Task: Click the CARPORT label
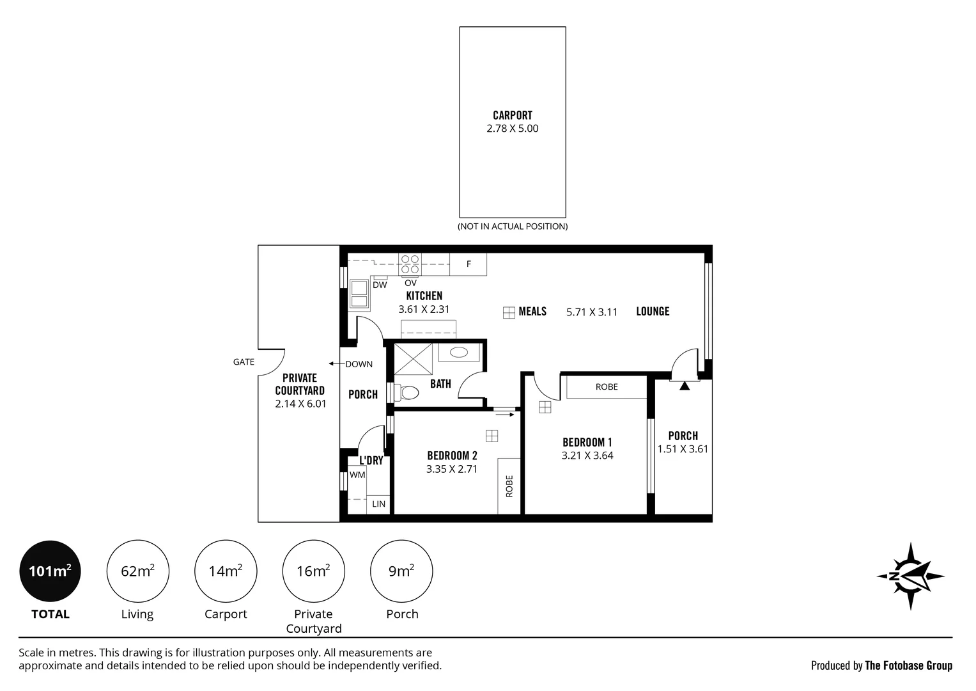(x=513, y=115)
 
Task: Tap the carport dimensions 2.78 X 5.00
(x=513, y=128)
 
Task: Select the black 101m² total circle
(x=50, y=571)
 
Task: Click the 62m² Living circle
(x=137, y=571)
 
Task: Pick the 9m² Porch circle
(x=401, y=571)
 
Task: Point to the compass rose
(x=910, y=576)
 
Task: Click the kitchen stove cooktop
(x=410, y=264)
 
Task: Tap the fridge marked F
(x=469, y=264)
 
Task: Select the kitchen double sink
(x=359, y=294)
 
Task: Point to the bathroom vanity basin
(x=459, y=352)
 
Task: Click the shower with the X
(x=413, y=359)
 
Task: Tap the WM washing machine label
(x=357, y=475)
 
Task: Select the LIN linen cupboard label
(x=378, y=504)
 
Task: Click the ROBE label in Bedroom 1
(x=607, y=386)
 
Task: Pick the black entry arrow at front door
(x=685, y=386)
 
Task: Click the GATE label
(x=244, y=361)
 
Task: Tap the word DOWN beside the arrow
(x=359, y=364)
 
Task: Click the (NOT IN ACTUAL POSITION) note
(x=513, y=226)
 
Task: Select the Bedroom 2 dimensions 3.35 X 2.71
(x=452, y=469)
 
